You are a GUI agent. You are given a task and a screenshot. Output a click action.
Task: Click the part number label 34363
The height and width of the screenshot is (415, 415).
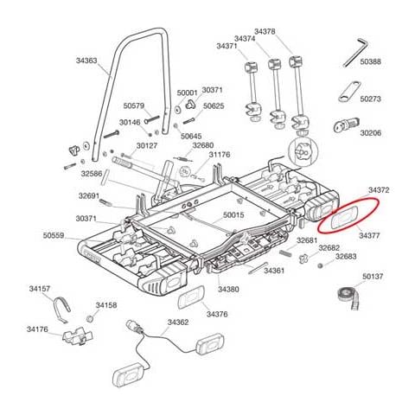[x=86, y=61]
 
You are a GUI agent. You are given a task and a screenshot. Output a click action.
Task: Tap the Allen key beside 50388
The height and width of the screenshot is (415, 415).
[x=355, y=52]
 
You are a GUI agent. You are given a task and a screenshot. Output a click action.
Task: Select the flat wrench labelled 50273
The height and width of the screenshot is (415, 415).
[x=349, y=92]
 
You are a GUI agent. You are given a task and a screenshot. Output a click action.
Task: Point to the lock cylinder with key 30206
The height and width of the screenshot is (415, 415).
[x=346, y=124]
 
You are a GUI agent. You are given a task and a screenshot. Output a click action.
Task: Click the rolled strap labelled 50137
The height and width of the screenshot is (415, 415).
[x=348, y=297]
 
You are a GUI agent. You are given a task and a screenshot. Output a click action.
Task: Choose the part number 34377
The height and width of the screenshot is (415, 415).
[x=369, y=235]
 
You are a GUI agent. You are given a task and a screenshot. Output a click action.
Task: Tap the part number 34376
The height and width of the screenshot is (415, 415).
[x=217, y=314]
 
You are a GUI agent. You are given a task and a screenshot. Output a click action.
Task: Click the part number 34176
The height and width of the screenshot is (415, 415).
[x=37, y=329]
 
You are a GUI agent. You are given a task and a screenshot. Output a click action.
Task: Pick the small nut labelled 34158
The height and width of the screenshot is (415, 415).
[x=90, y=319]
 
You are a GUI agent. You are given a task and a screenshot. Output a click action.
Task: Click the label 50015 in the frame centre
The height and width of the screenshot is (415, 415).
[x=233, y=215]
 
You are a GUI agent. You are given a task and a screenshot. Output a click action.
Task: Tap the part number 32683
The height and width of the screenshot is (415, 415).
[x=346, y=256]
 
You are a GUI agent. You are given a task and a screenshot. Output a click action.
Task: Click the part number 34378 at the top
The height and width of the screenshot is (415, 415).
[x=265, y=31]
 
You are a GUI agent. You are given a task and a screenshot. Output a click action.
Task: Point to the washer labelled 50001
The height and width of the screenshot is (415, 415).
[x=177, y=109]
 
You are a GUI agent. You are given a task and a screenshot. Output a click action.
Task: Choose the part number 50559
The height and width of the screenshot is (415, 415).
[x=54, y=235]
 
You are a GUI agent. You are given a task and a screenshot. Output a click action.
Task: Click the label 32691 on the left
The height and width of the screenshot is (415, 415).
[x=89, y=196]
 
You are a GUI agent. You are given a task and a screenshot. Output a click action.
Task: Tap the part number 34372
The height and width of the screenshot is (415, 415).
[x=379, y=190]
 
